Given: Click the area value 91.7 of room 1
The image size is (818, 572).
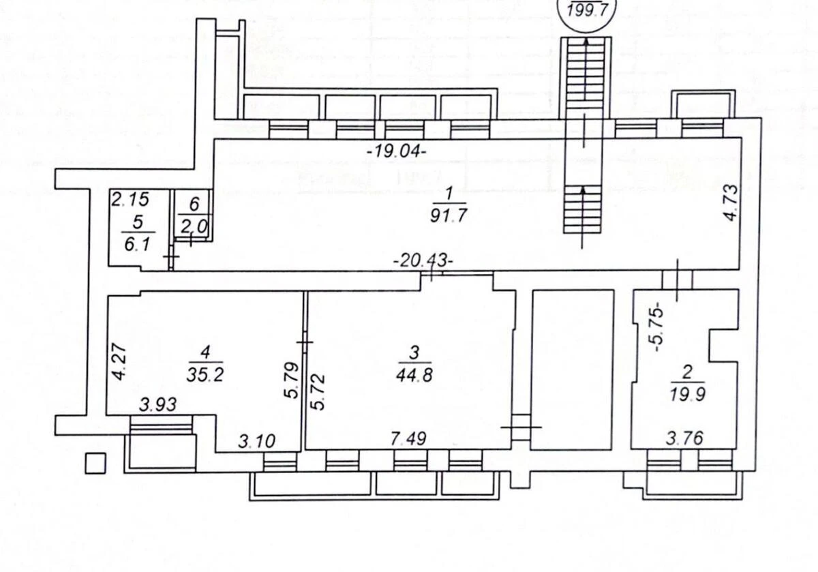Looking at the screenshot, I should click(x=449, y=217).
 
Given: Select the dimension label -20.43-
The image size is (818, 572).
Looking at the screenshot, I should click(x=423, y=261).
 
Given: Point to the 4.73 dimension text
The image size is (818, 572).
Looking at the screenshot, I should click(x=730, y=202).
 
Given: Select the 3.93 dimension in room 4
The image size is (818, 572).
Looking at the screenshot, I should click(x=158, y=404).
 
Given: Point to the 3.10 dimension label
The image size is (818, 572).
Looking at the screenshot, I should click(x=256, y=441).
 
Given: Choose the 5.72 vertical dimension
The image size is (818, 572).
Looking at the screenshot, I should click(x=318, y=391).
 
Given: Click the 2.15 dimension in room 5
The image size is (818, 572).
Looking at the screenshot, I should click(x=129, y=200).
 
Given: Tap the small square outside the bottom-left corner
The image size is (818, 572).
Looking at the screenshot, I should click(x=95, y=464).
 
